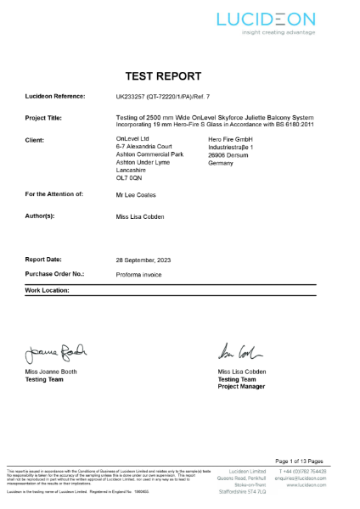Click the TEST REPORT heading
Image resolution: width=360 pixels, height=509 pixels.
(x=180, y=75)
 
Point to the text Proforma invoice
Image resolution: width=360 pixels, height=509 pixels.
(x=141, y=275)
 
